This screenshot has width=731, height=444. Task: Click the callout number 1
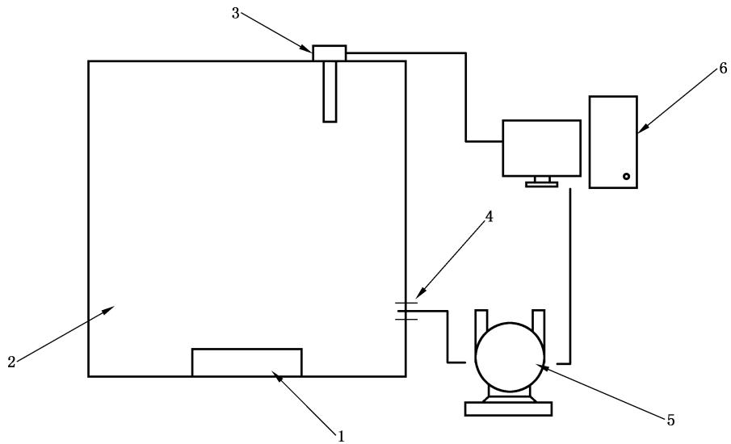[x=341, y=436]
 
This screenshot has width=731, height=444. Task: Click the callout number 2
[x=11, y=362]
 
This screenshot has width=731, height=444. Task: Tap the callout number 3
[x=235, y=15]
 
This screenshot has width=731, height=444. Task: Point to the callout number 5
[x=670, y=420]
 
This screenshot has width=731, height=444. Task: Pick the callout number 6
[x=722, y=69]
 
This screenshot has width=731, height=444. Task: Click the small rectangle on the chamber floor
[x=246, y=362]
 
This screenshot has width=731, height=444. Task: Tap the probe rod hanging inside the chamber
[x=330, y=91]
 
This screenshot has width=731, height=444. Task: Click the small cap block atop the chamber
[x=330, y=52]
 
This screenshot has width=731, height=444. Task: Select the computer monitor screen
[x=541, y=148]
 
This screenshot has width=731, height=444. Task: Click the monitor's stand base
[x=541, y=184]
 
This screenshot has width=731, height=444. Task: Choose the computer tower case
[x=613, y=142]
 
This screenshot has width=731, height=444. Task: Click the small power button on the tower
[x=625, y=176]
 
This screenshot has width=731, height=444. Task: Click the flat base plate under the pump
[x=509, y=409]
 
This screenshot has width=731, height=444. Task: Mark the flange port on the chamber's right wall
[x=406, y=310]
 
